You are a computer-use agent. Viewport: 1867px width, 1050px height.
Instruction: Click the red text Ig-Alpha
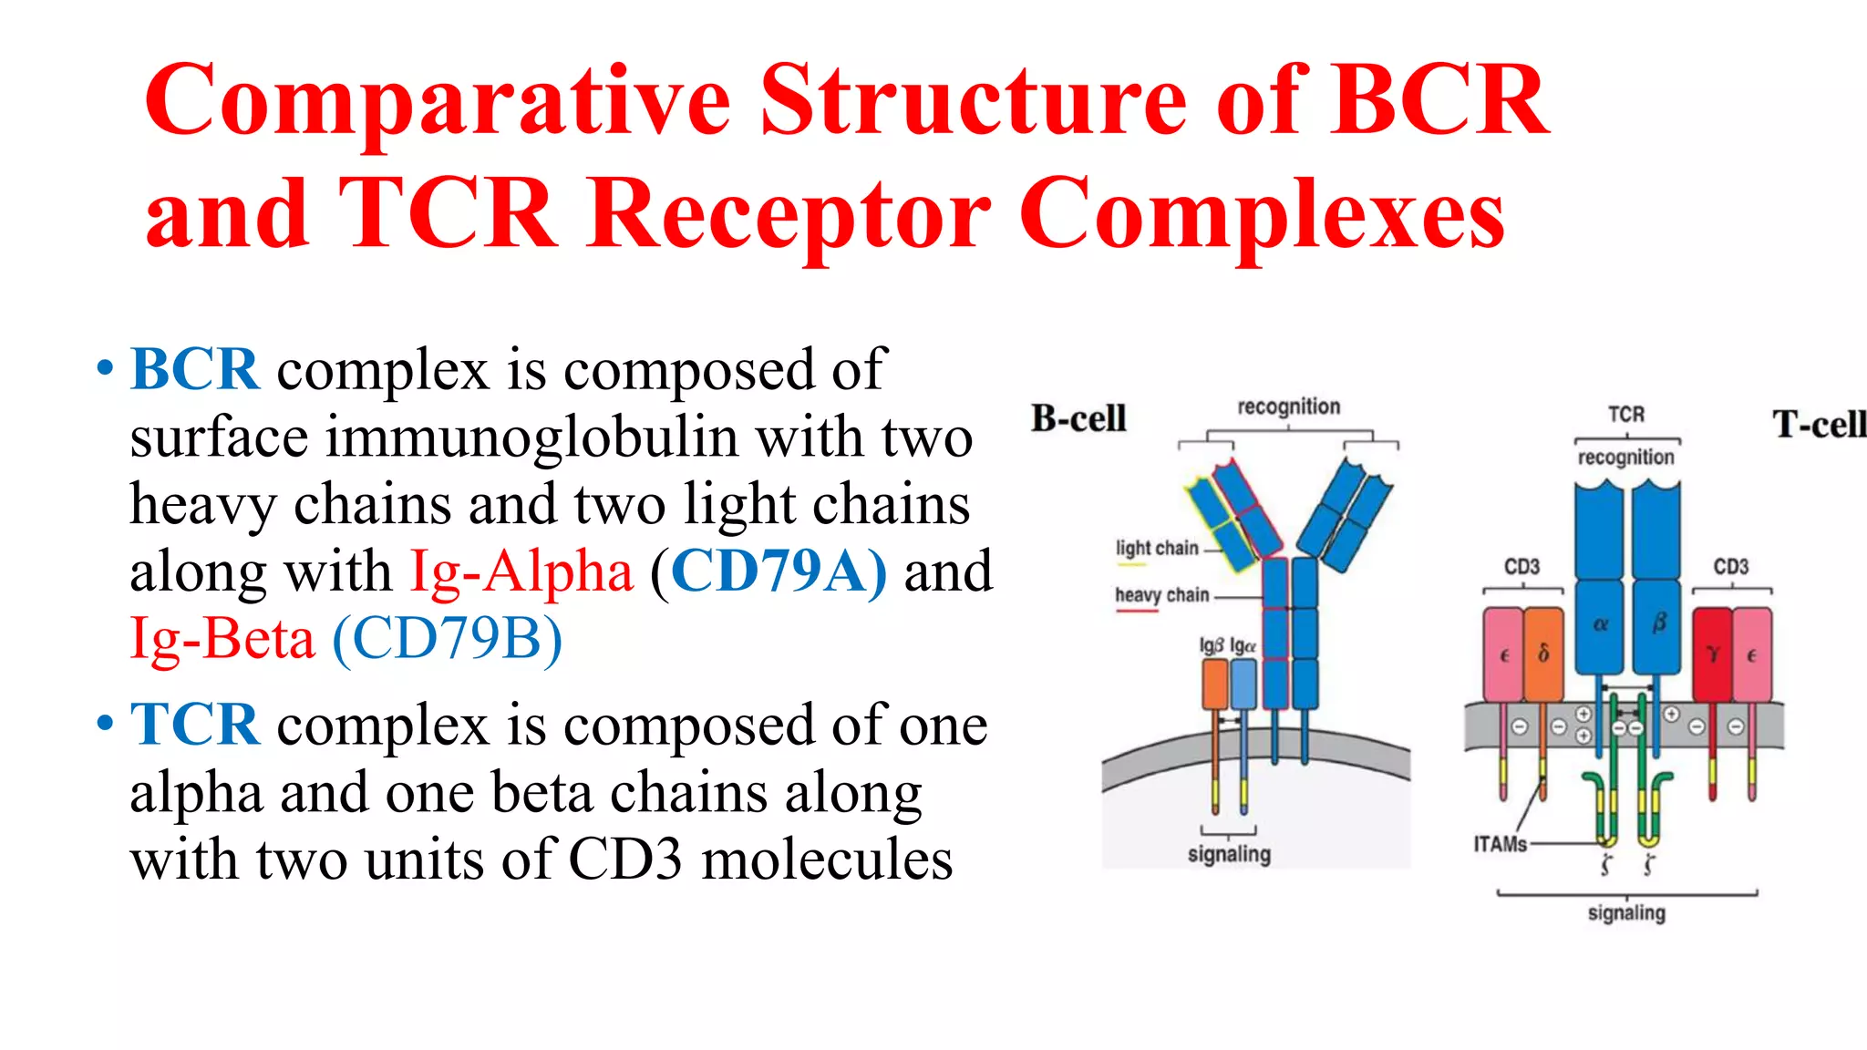521,571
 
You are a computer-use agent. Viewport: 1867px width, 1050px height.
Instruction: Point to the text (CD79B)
447,638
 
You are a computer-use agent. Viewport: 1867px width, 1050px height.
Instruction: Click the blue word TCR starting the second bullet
195,725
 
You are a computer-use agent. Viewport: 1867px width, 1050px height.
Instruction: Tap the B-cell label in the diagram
1078,418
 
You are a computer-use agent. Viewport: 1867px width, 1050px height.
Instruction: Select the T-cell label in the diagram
1819,425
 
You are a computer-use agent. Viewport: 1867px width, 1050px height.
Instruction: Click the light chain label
1156,548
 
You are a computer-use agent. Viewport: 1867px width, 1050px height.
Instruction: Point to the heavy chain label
1161,595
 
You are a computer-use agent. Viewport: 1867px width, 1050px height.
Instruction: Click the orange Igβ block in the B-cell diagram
1214,684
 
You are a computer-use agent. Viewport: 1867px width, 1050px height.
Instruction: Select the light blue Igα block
1243,684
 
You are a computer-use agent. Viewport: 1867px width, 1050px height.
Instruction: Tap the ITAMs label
1500,844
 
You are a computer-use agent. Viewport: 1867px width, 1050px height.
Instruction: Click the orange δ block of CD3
1543,654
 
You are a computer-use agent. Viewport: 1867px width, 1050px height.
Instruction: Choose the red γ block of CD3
1712,654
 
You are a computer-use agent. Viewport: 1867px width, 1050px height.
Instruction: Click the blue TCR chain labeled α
1600,624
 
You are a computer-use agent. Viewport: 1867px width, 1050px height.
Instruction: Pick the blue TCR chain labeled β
1657,624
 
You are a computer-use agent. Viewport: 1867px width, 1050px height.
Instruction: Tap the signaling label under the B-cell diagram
1229,854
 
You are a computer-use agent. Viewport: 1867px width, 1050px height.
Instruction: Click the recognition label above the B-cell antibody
1288,407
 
